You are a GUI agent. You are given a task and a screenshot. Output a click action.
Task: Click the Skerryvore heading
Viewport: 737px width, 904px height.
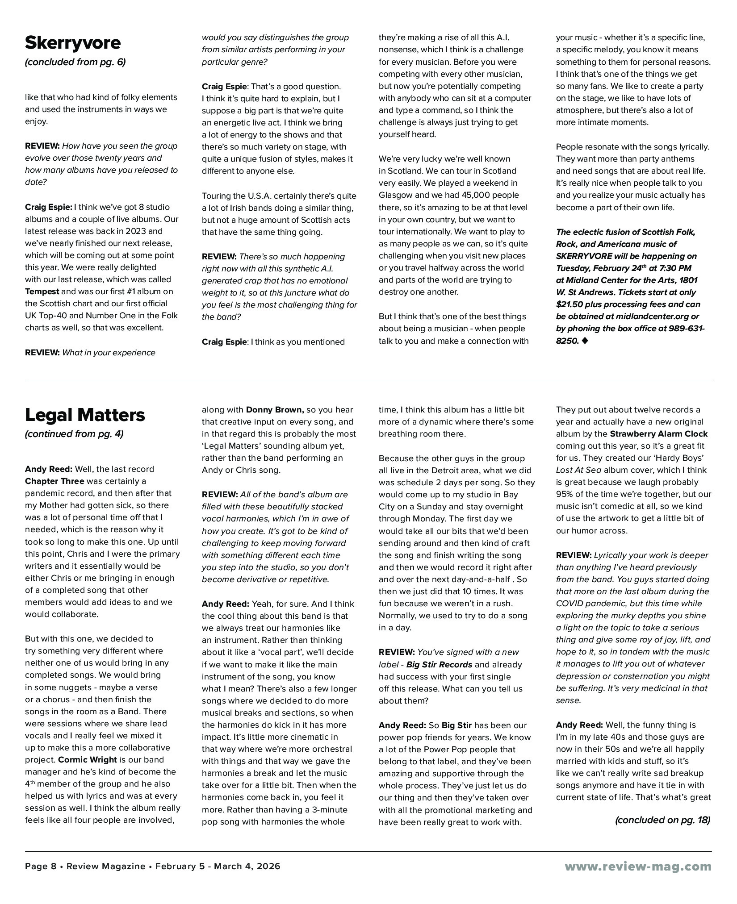point(73,43)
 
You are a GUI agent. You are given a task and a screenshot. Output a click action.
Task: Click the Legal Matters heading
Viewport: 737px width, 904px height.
point(85,415)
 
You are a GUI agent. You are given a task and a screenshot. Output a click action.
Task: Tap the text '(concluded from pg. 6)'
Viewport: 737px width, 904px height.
point(75,62)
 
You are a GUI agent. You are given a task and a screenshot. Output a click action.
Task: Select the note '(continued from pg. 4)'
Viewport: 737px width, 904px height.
point(74,434)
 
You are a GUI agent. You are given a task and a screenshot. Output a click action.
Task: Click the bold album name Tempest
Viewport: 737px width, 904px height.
point(42,292)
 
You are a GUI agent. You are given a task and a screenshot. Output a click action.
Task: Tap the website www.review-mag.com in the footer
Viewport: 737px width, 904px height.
point(638,867)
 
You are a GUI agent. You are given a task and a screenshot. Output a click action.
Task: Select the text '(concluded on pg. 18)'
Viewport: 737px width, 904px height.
point(662,820)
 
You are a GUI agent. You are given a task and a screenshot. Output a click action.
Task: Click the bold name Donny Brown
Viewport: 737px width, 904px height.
point(275,410)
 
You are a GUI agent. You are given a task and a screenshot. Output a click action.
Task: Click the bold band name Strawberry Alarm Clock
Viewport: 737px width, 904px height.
point(659,434)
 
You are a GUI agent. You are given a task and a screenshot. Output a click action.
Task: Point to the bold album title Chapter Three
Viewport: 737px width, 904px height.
point(54,481)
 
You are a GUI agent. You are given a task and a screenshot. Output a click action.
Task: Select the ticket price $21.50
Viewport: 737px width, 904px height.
point(571,304)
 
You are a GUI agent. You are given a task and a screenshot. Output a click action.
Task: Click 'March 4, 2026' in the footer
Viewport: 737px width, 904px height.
point(247,867)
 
